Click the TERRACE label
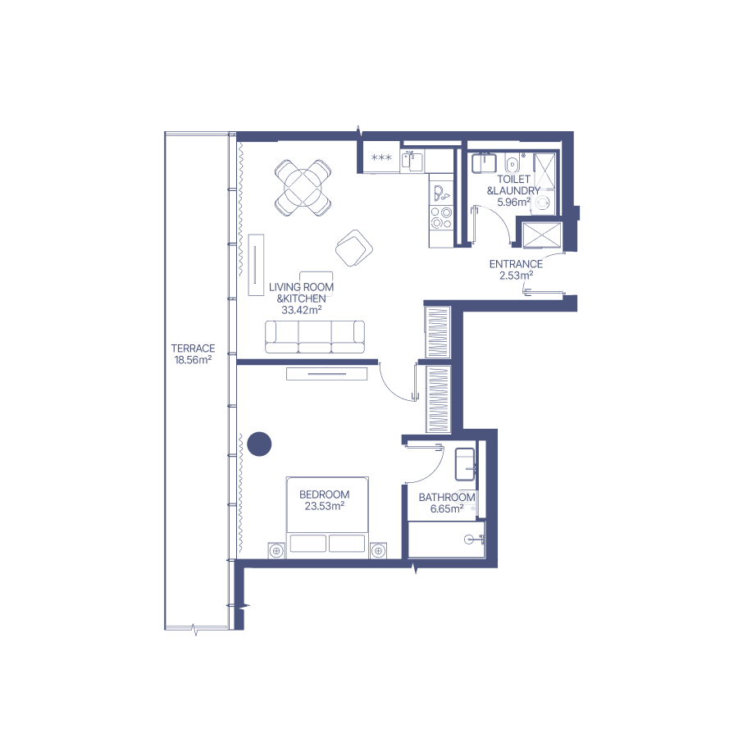193,348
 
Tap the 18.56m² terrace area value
193,360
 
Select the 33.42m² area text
301,310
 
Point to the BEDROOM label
324,494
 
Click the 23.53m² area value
324,507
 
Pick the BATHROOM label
447,498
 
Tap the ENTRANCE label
516,264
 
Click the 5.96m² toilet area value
514,203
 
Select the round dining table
303,188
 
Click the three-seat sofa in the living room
315,337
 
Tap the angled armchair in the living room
354,248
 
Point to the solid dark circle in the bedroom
259,444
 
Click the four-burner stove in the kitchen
441,218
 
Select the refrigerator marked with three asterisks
381,157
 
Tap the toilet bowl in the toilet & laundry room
512,163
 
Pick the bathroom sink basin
465,465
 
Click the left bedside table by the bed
276,550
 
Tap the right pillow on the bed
347,543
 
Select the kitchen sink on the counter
412,162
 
